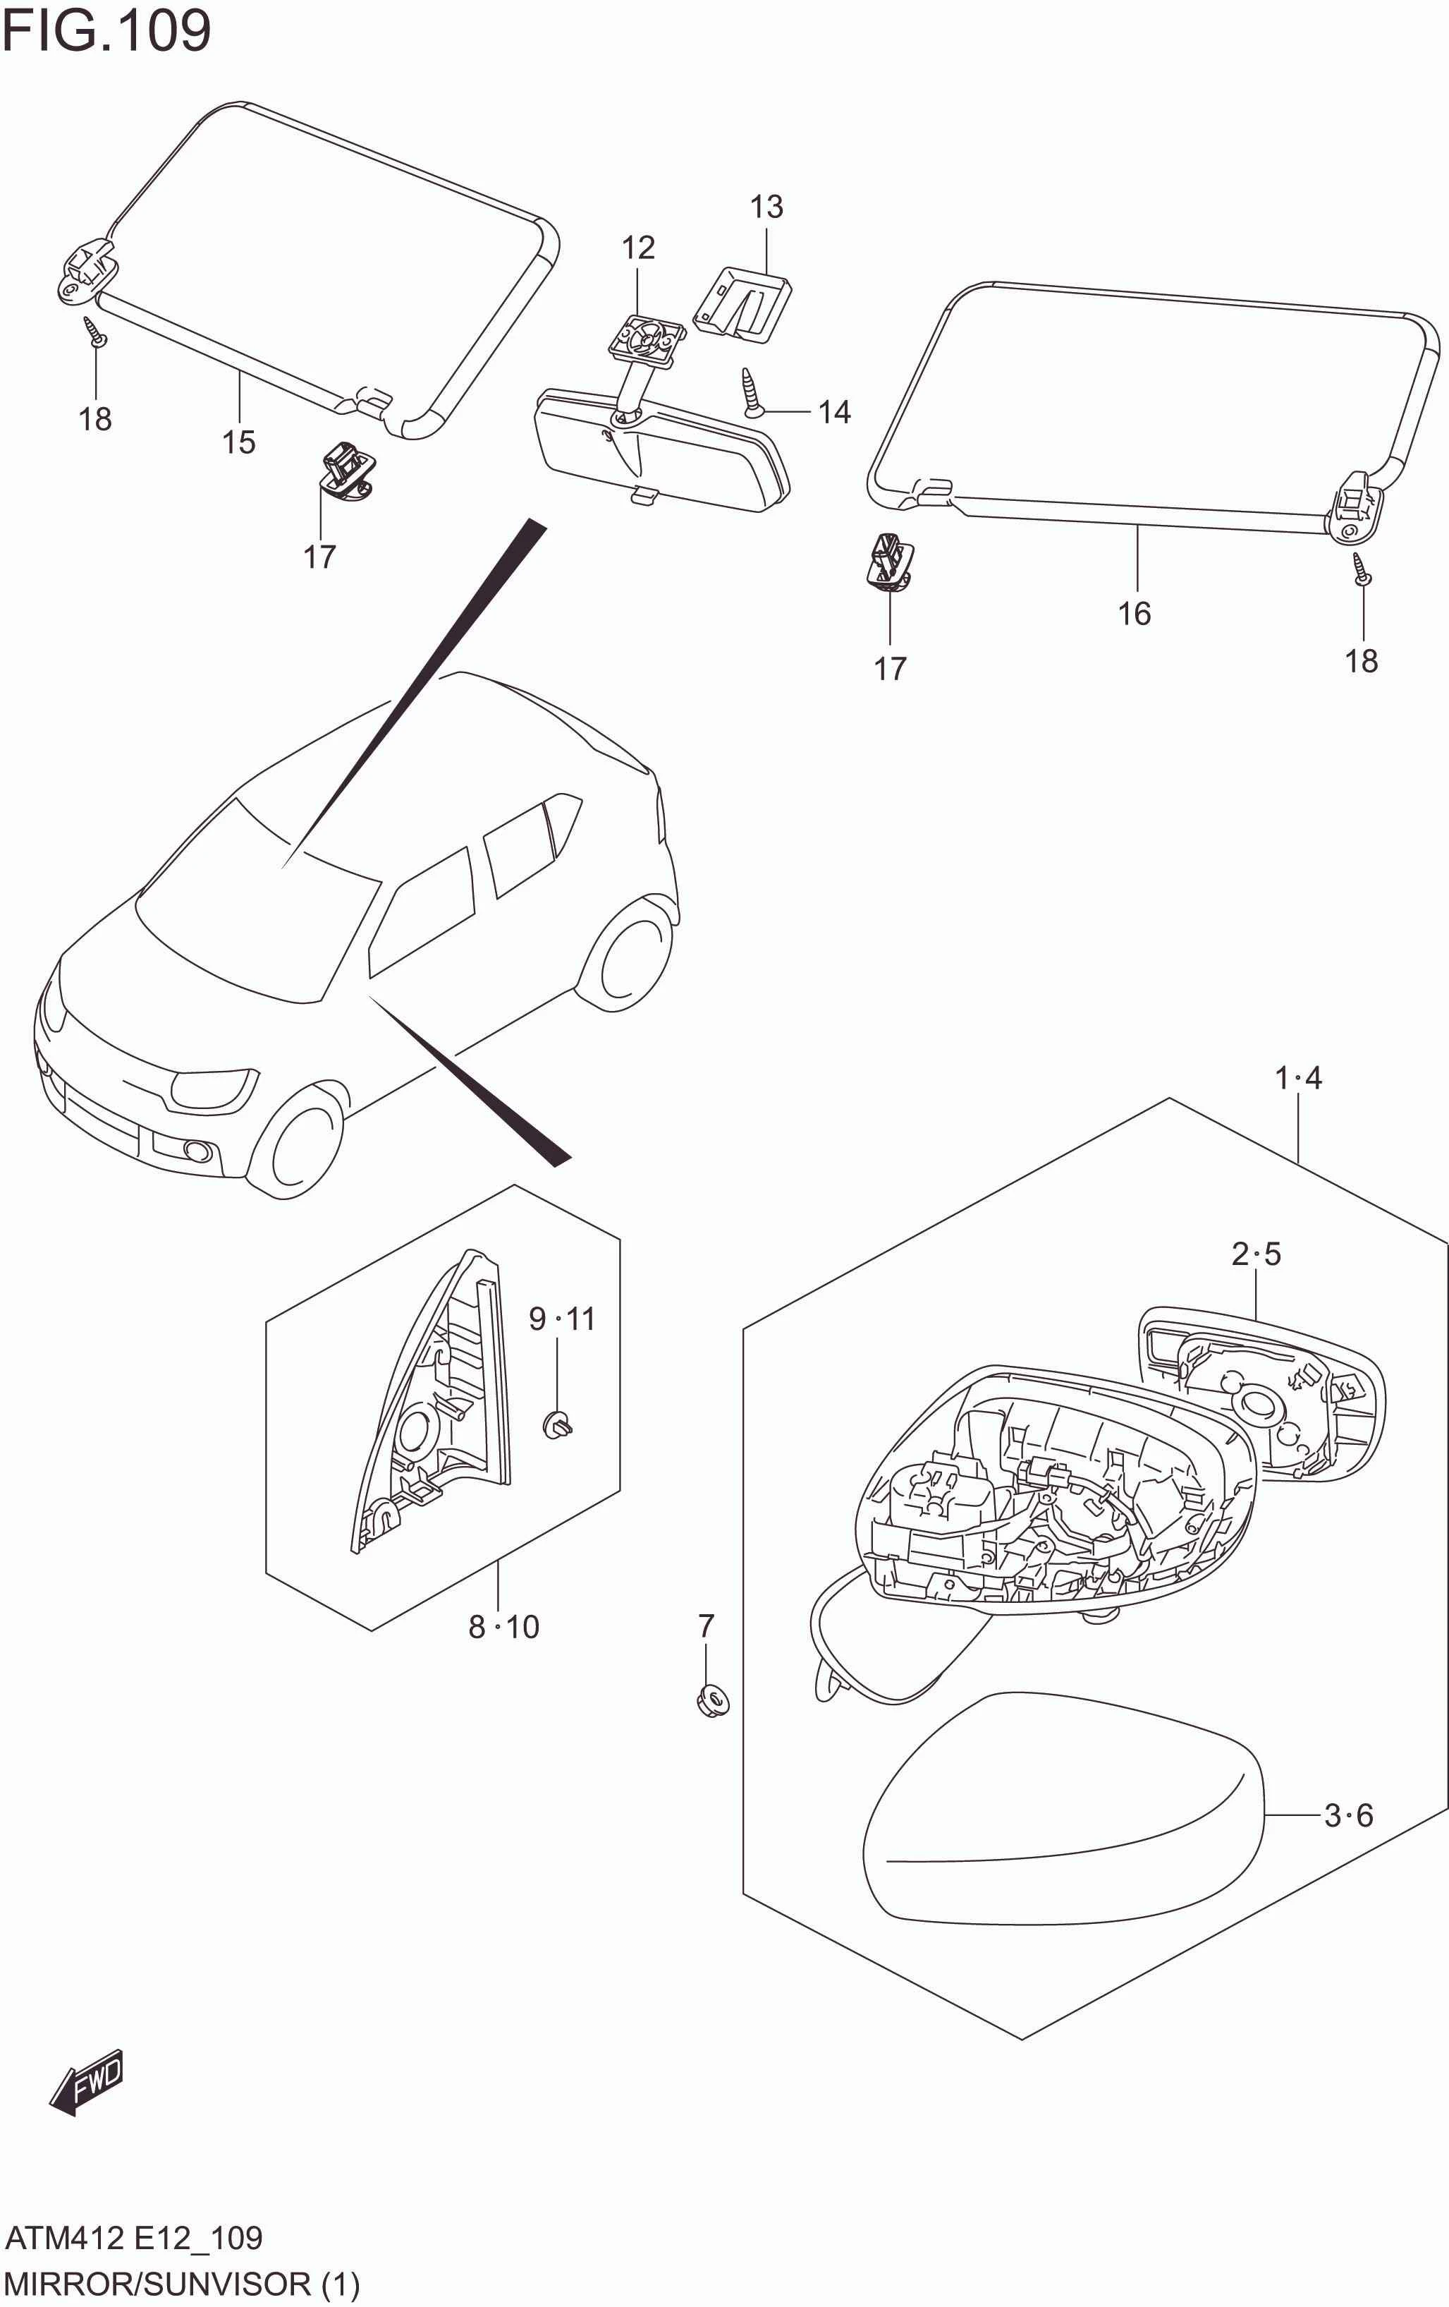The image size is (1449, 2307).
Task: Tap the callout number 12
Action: pyautogui.click(x=638, y=248)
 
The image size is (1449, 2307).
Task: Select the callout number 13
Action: pyautogui.click(x=766, y=207)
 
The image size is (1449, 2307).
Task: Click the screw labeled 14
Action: pyautogui.click(x=752, y=393)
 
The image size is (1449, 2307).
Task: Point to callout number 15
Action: pyautogui.click(x=238, y=442)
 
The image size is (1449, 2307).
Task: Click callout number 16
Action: pyautogui.click(x=1134, y=614)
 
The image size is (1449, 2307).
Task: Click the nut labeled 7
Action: pyautogui.click(x=711, y=1700)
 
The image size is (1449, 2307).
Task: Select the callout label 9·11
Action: pyautogui.click(x=562, y=1319)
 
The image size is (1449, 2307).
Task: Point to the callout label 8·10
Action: pyautogui.click(x=503, y=1627)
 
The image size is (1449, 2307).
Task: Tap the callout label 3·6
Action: pyautogui.click(x=1348, y=1815)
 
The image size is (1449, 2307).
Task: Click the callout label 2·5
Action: pyautogui.click(x=1256, y=1254)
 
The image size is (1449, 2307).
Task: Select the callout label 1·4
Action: pyautogui.click(x=1297, y=1079)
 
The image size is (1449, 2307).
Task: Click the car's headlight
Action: pyautogui.click(x=213, y=1089)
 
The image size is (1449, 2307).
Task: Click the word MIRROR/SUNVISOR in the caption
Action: pyautogui.click(x=158, y=2284)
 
